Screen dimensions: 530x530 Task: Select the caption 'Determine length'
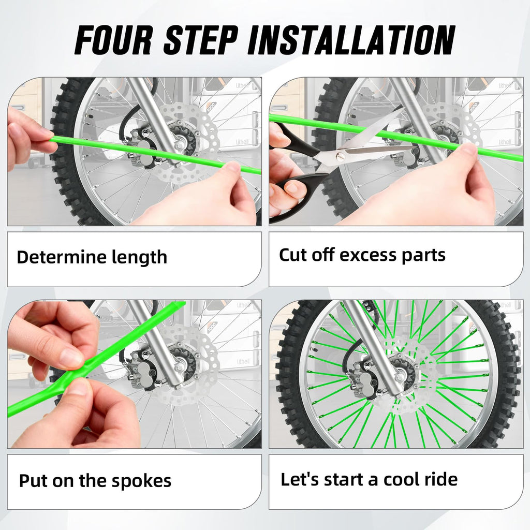[x=92, y=257]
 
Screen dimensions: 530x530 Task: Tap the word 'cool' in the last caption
[x=402, y=479]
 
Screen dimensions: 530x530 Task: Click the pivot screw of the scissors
[x=342, y=154]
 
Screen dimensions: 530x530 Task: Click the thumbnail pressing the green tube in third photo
[x=71, y=358]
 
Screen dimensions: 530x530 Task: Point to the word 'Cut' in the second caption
[x=293, y=255]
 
